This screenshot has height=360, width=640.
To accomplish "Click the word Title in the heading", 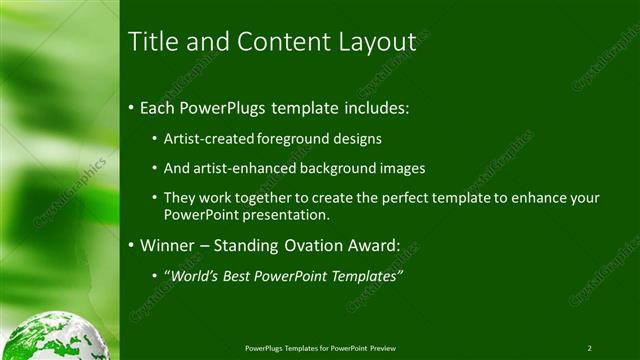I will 152,42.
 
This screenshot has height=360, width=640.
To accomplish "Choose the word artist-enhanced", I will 235,169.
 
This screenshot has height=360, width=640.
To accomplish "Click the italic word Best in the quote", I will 247,276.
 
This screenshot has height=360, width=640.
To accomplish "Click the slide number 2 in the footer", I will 589,348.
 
